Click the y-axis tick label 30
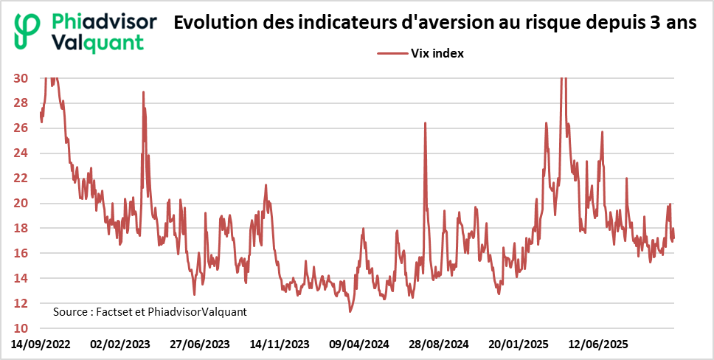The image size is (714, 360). (21, 78)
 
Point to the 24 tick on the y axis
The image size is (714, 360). (21, 153)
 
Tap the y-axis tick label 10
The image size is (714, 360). (21, 328)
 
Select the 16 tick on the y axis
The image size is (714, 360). (21, 253)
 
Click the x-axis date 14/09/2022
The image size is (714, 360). (41, 345)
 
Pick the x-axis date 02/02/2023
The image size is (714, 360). (119, 345)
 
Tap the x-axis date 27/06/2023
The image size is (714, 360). (200, 345)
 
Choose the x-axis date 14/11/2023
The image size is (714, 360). (279, 345)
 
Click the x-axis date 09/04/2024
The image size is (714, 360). (359, 345)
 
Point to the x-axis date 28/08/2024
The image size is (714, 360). (439, 345)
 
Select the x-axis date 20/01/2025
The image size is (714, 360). (519, 345)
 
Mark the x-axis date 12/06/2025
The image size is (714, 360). (598, 345)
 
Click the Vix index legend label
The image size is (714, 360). (437, 53)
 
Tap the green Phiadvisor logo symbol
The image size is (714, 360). (28, 31)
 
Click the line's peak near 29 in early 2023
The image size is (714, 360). (143, 92)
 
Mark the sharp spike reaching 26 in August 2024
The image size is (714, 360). (426, 123)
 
